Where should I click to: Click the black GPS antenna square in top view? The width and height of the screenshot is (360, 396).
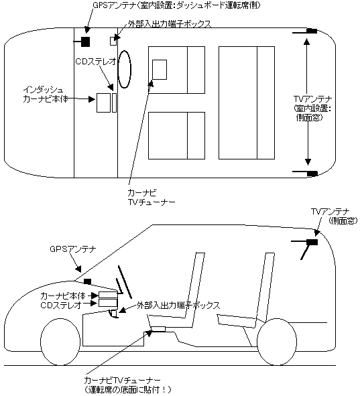coord(85,42)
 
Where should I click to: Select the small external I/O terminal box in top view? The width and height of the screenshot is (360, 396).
coord(113,41)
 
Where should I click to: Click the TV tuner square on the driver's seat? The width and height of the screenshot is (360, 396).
coord(160,70)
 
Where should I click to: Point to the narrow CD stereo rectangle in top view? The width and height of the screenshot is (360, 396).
coord(114,103)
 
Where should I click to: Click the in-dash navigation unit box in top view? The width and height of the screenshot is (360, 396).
coord(104,103)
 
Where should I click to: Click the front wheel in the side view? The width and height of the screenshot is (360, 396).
coord(62,342)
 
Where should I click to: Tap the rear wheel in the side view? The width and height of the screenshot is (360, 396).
coord(277,342)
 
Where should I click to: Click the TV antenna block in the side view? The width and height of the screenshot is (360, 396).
coord(312,242)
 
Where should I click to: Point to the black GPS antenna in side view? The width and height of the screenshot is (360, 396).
coord(87,281)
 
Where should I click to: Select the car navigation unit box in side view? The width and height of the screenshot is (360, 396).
coord(108,295)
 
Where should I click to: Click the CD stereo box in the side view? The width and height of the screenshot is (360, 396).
coord(108,303)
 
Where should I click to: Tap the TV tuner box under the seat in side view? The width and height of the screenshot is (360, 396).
coord(158,329)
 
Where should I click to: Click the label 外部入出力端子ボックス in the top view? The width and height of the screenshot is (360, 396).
coord(170,24)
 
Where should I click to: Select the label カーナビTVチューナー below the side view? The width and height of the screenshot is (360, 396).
coord(122,381)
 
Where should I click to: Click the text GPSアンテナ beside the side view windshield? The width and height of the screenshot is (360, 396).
coord(73,249)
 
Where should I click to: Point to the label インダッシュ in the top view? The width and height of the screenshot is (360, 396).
coord(40,90)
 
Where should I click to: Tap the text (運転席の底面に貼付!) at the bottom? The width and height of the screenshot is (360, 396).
coord(128,390)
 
